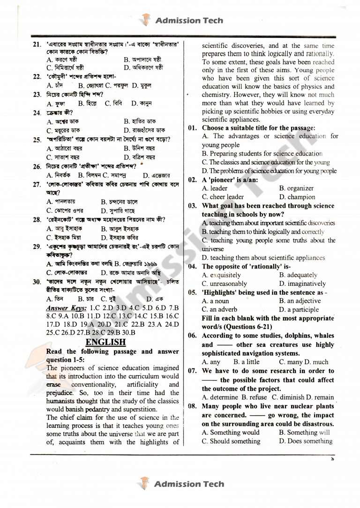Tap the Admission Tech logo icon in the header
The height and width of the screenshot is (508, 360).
[x=145, y=20]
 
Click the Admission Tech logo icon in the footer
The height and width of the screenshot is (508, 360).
[x=144, y=484]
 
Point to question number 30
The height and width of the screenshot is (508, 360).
[x=37, y=282]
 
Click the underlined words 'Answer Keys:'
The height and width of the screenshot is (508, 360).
[x=66, y=308]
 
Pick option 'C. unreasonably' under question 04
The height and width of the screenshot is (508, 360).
[x=225, y=284]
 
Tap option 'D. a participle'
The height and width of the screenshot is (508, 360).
[x=302, y=309]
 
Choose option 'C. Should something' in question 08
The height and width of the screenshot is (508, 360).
[x=231, y=441]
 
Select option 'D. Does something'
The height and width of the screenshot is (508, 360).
[x=306, y=441]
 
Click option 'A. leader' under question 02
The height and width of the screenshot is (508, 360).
[x=215, y=188]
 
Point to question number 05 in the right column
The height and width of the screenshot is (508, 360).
[x=192, y=292]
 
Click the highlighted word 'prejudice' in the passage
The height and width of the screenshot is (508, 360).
[x=60, y=393]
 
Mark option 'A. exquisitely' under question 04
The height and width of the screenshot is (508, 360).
[x=221, y=275]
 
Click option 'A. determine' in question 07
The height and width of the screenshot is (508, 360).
[x=221, y=397]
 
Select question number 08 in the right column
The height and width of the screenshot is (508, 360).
[x=192, y=406]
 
